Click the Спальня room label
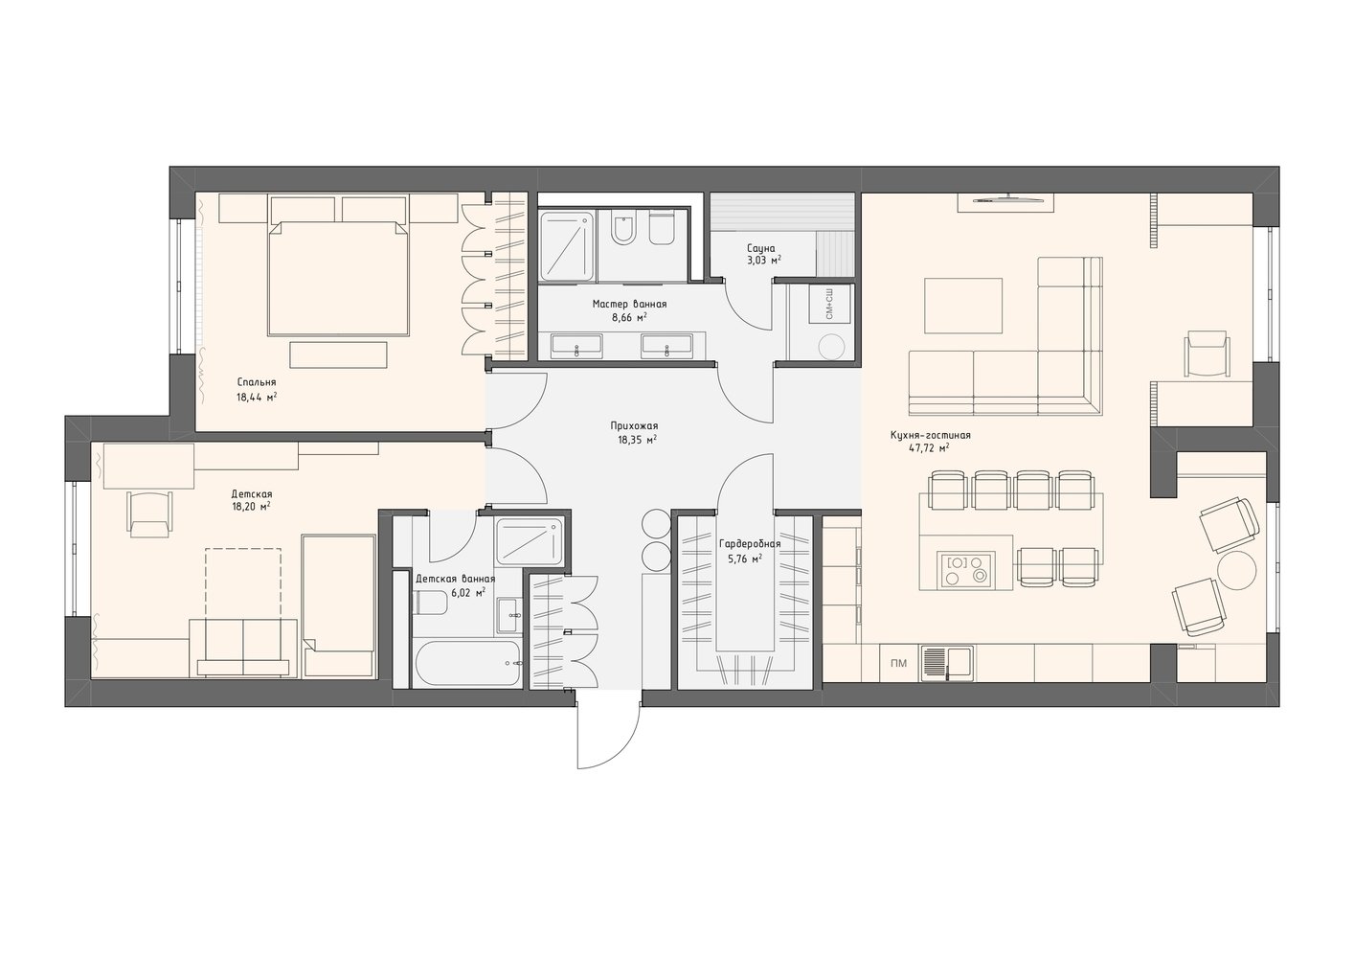coord(257,382)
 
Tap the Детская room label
coord(252,494)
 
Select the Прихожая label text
coord(634,425)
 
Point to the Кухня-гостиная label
coord(930,435)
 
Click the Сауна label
coord(760,248)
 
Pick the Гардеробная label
coord(750,544)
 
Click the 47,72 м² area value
coord(929,448)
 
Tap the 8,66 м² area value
coord(629,317)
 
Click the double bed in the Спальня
coord(338,278)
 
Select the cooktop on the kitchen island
coord(964,569)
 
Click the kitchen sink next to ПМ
coord(947,664)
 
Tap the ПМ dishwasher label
coord(899,664)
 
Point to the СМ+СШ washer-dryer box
coord(828,305)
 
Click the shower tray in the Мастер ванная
coord(567,245)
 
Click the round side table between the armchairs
coord(1237,570)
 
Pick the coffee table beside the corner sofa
coord(963,306)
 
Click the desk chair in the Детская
coord(149,513)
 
